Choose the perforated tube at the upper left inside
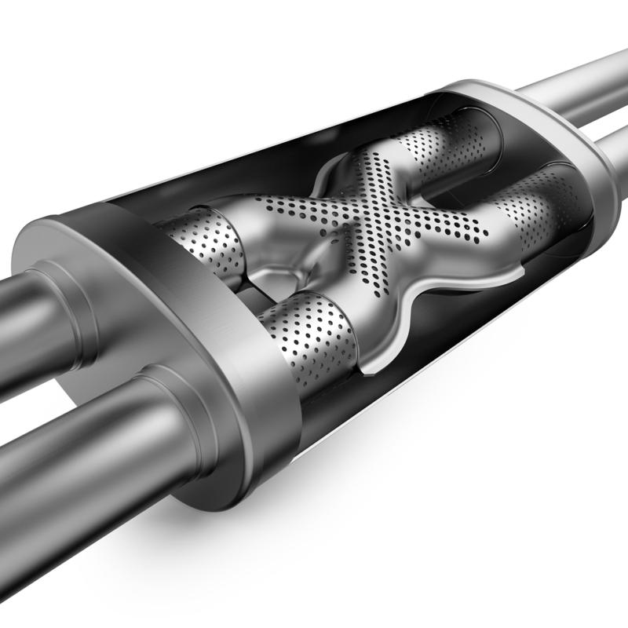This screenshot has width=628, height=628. coord(208,235)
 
